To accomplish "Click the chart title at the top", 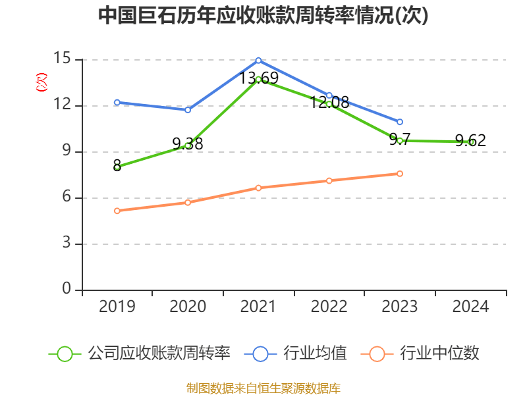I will pyautogui.click(x=263, y=16).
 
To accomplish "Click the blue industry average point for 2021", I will pyautogui.click(x=258, y=60).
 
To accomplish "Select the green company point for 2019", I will pyautogui.click(x=117, y=167).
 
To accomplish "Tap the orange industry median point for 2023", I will pyautogui.click(x=400, y=174).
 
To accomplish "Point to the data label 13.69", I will pyautogui.click(x=258, y=78).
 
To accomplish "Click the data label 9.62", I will pyautogui.click(x=470, y=140).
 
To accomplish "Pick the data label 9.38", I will pyautogui.click(x=188, y=144).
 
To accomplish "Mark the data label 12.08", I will pyautogui.click(x=329, y=102).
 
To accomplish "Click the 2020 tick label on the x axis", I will pyautogui.click(x=188, y=307).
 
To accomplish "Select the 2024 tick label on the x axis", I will pyautogui.click(x=470, y=307).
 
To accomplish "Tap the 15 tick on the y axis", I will pyautogui.click(x=63, y=59).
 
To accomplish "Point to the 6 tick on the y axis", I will pyautogui.click(x=67, y=197).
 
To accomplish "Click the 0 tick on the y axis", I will pyautogui.click(x=67, y=290).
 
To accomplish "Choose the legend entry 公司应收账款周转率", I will pyautogui.click(x=158, y=354).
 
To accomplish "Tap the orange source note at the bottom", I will pyautogui.click(x=263, y=388).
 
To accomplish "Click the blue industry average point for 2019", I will pyautogui.click(x=117, y=102).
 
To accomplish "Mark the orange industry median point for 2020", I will pyautogui.click(x=188, y=202).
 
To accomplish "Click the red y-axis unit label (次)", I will pyautogui.click(x=41, y=82).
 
